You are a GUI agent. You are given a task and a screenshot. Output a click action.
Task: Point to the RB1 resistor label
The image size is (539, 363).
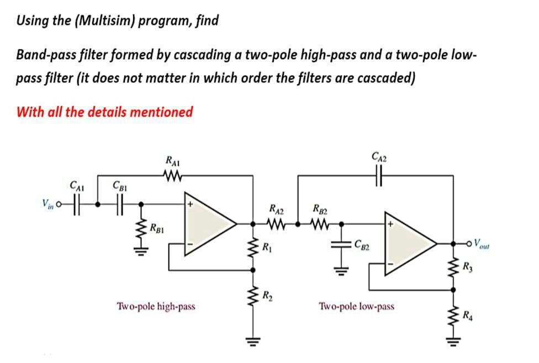pyautogui.click(x=160, y=228)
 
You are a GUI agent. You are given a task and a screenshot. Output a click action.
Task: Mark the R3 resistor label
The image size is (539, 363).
pyautogui.click(x=468, y=269)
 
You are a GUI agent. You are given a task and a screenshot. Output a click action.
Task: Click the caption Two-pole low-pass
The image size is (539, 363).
pyautogui.click(x=356, y=306)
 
